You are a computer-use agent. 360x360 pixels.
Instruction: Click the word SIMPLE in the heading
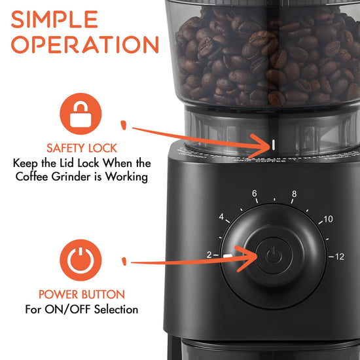point(54,19)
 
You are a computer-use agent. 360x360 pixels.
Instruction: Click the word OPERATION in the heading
point(85,45)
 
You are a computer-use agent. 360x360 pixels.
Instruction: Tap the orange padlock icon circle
point(81,114)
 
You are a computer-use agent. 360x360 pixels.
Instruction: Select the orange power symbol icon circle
point(81,260)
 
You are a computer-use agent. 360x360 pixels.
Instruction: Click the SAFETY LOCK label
point(82,148)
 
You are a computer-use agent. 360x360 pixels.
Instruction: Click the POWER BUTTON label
point(82,295)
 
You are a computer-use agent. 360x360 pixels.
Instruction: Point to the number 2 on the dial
point(209,255)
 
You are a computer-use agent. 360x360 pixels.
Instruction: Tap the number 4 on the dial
point(221,217)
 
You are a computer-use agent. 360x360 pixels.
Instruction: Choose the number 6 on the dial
point(255,193)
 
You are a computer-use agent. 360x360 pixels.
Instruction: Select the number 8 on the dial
point(294,194)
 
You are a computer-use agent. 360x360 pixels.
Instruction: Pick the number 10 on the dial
point(328,219)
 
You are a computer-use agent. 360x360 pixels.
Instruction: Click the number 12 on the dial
point(340,257)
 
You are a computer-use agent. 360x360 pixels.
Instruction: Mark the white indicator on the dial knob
point(227,255)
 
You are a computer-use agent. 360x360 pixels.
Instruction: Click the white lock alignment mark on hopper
point(273,145)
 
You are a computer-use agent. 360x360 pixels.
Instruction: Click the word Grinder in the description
point(71,177)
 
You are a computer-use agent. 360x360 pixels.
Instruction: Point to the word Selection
point(116,310)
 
